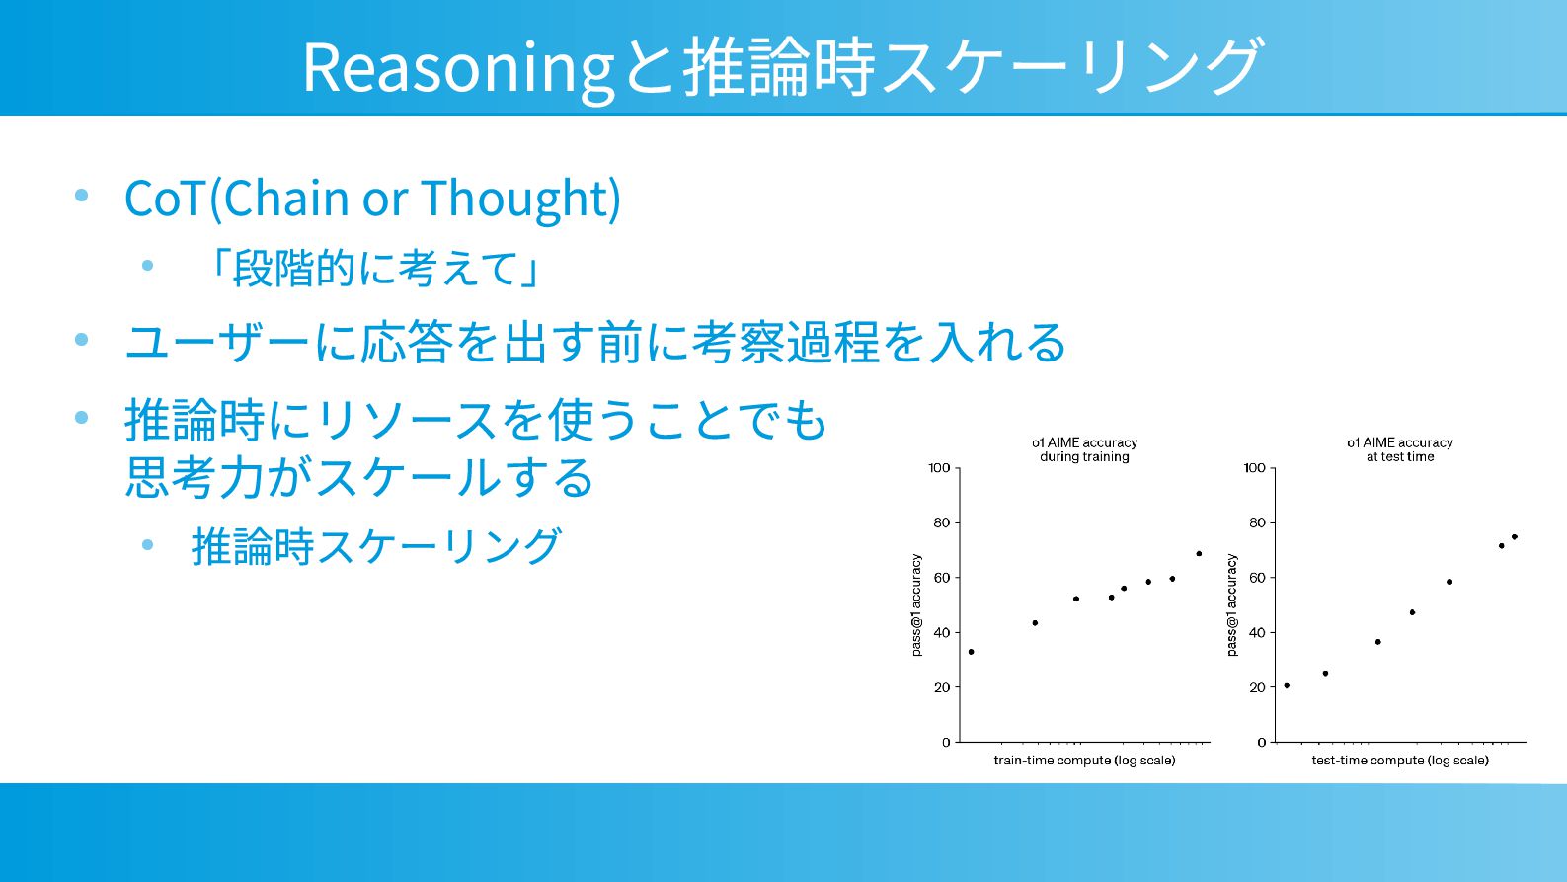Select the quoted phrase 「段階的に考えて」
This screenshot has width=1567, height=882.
[375, 269]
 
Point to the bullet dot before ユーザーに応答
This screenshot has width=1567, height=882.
[81, 340]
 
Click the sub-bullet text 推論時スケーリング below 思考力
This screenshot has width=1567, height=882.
[376, 546]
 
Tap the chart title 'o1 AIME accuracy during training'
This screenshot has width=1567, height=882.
[1084, 449]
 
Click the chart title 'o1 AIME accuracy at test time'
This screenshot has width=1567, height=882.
[1400, 449]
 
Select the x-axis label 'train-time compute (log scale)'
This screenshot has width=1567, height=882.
[1084, 761]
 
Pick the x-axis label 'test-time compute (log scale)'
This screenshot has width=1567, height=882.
[1400, 761]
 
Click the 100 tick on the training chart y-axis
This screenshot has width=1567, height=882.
[939, 467]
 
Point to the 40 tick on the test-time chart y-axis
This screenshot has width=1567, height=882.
[1257, 633]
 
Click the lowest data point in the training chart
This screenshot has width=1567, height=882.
[971, 652]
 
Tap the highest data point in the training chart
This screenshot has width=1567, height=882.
[1199, 554]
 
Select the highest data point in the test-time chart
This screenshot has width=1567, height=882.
[1515, 537]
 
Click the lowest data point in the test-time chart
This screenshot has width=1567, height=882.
[1288, 686]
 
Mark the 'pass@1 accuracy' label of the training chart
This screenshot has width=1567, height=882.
[916, 604]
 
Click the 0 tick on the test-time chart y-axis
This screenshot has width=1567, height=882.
[1262, 742]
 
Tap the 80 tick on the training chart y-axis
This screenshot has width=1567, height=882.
[942, 522]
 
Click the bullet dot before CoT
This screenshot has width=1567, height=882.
[81, 195]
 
